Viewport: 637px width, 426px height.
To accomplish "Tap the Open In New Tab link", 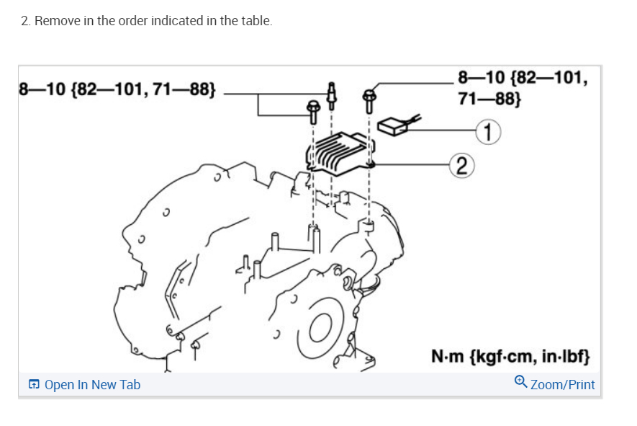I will pyautogui.click(x=92, y=385).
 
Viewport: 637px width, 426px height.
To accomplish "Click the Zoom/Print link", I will pyautogui.click(x=562, y=384).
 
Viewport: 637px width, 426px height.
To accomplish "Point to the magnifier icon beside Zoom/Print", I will pyautogui.click(x=522, y=383).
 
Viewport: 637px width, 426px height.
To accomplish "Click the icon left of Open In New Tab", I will pyautogui.click(x=34, y=385).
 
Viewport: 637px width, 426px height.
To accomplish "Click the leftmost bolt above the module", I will pyautogui.click(x=313, y=110).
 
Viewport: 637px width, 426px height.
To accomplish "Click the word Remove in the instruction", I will pyautogui.click(x=55, y=21).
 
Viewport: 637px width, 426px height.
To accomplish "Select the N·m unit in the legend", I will pyautogui.click(x=448, y=357).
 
